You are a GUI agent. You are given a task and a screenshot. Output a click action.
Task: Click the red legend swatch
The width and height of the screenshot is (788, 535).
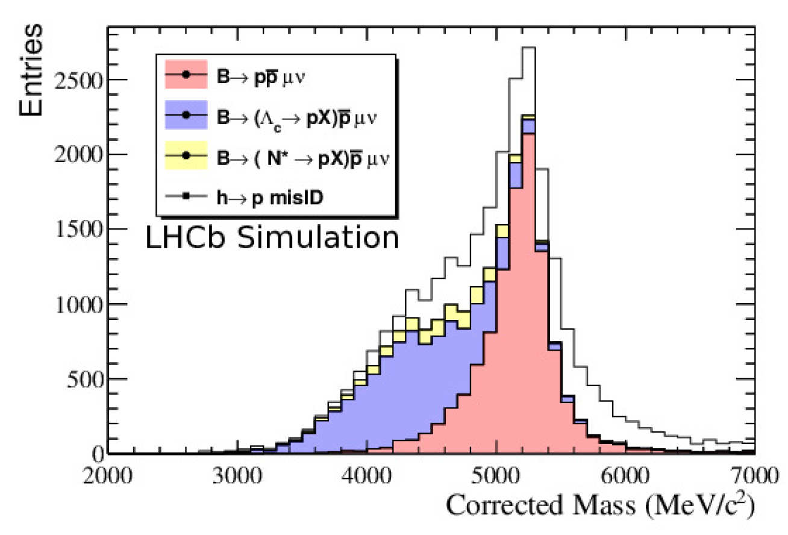(x=186, y=74)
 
